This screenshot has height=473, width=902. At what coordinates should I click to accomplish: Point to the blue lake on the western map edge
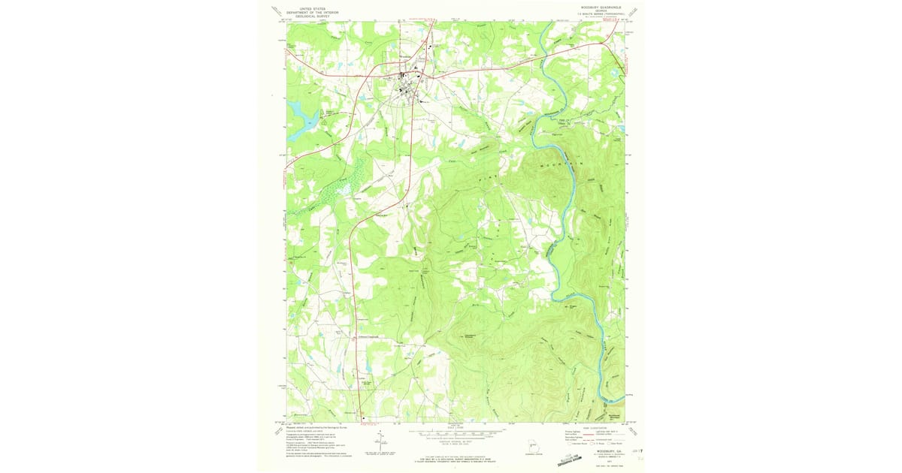point(298,116)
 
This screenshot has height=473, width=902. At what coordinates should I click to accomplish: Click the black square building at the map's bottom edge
point(363,419)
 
